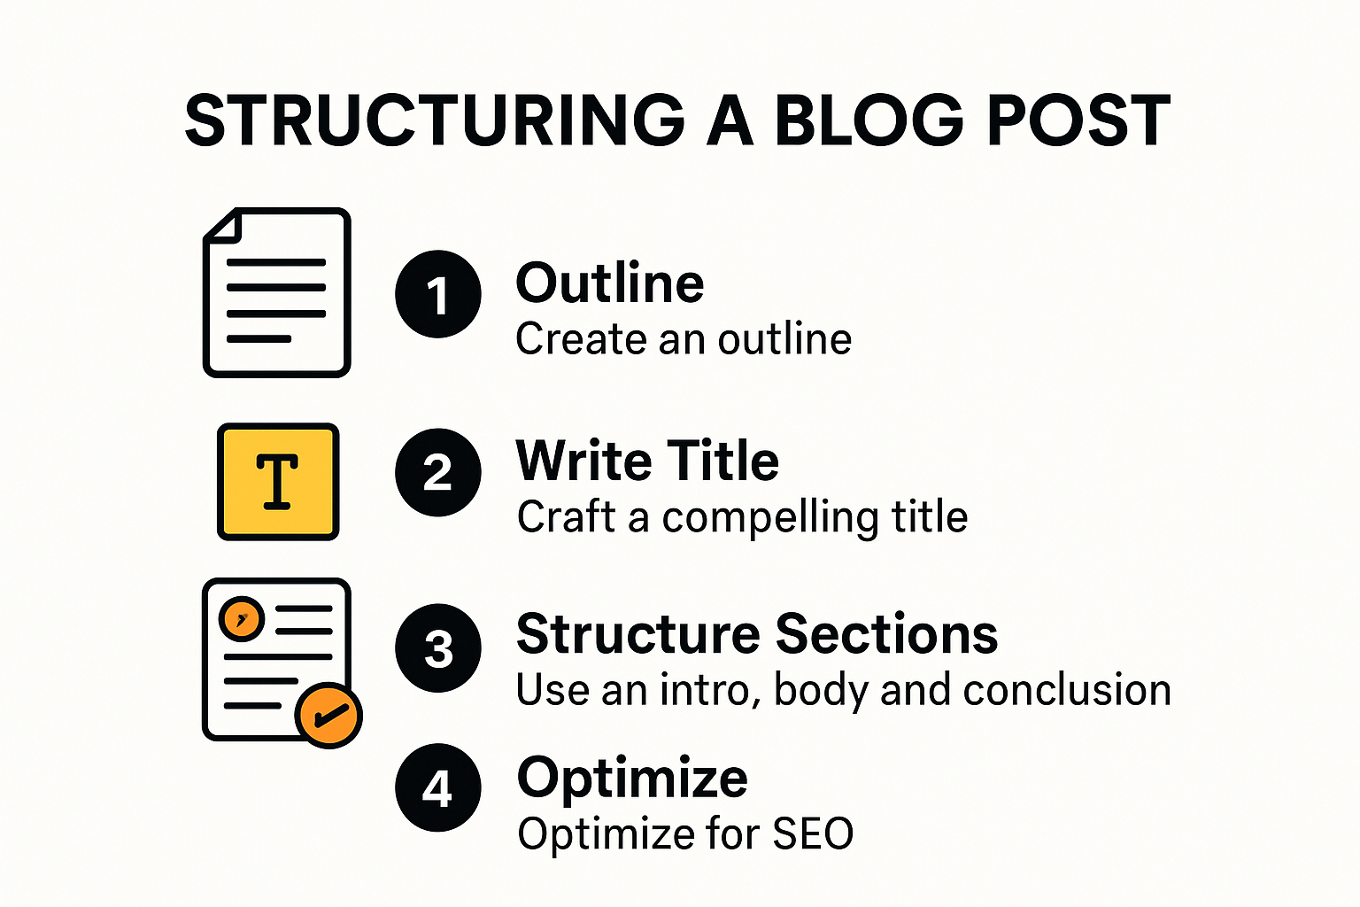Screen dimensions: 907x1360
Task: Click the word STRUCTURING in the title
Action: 434,121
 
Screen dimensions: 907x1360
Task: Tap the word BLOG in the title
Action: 869,121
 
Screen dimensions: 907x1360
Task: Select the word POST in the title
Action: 1078,121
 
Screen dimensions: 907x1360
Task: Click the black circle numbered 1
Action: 437,295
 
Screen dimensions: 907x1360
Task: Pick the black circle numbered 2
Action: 437,472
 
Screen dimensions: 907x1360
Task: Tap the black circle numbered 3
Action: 437,648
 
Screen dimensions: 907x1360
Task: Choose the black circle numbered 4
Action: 437,787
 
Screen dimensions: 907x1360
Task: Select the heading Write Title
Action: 647,461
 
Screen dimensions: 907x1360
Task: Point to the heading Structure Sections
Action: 757,634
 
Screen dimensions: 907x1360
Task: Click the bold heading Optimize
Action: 632,779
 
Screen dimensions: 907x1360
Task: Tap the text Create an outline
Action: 684,339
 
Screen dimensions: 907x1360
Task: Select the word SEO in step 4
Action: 813,834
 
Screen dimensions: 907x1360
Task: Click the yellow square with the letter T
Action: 278,482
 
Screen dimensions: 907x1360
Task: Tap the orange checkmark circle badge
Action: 328,715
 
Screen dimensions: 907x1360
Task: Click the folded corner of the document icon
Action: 224,226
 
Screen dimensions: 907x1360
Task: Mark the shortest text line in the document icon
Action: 259,339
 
